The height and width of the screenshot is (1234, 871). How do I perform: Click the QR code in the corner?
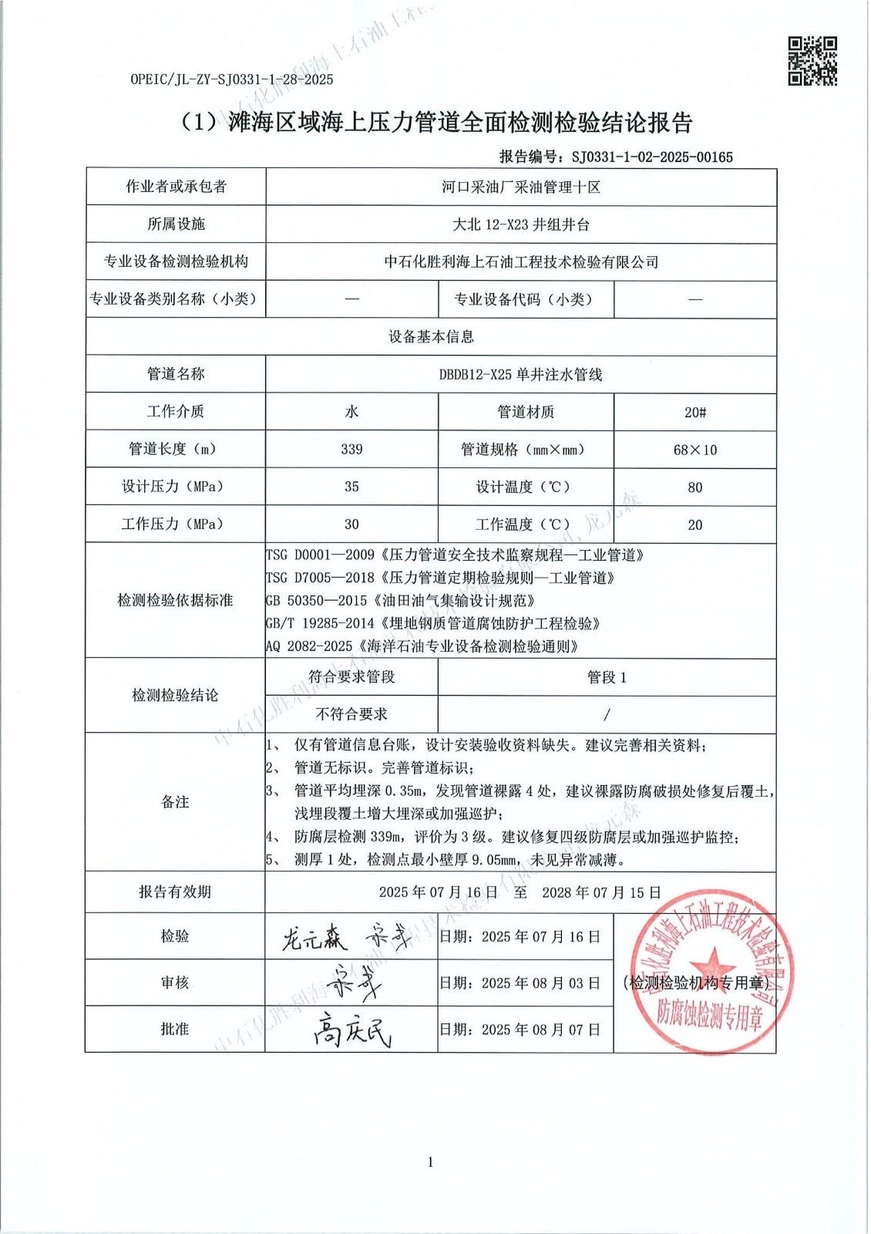812,60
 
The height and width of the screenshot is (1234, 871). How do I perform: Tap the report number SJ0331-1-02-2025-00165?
651,157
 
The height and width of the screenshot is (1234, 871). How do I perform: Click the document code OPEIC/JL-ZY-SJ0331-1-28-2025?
232,79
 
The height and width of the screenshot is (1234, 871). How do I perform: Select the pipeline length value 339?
351,449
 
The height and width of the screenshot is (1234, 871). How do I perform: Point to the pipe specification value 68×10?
694,450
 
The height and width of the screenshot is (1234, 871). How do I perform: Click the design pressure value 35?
351,487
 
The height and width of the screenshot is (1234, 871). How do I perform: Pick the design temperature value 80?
694,487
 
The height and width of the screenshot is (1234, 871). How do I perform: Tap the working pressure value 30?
351,524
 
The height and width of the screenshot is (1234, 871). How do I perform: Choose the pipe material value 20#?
694,412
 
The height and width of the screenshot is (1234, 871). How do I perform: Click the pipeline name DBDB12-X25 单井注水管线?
520,375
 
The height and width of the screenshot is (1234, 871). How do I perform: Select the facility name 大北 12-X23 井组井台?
520,224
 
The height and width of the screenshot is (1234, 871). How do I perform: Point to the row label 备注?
175,802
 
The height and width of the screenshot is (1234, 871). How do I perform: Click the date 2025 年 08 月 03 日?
540,983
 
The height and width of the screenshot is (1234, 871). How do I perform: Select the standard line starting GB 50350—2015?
401,600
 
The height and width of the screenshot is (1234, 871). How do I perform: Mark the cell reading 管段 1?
607,677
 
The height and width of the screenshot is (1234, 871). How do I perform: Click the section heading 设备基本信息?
431,337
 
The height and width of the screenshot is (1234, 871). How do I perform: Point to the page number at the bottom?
430,1162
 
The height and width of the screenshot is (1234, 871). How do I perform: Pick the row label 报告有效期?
175,892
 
